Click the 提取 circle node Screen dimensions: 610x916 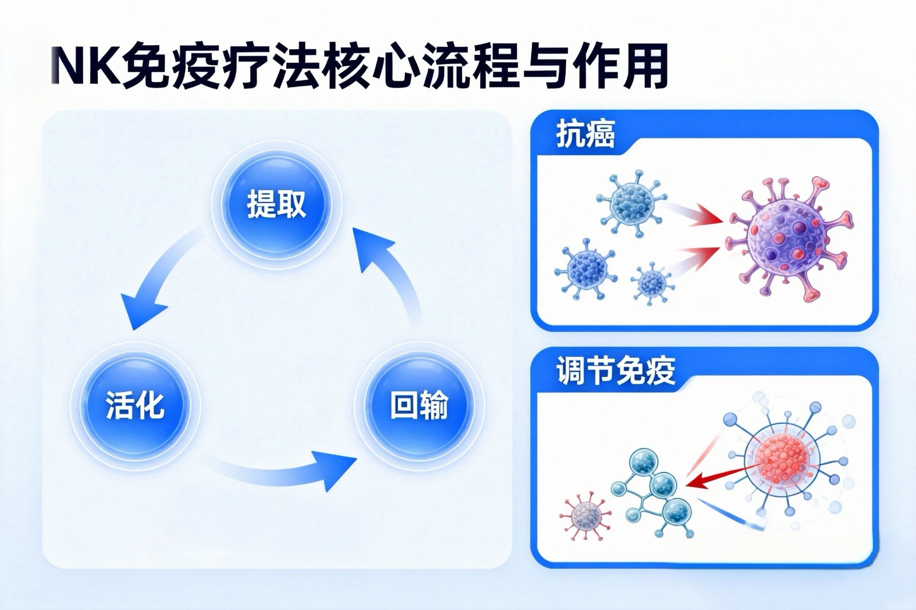click(277, 204)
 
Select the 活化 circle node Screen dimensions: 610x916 click(135, 406)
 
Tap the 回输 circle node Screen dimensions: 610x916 click(419, 406)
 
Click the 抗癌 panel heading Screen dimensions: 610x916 click(585, 136)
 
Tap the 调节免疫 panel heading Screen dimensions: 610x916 click(616, 371)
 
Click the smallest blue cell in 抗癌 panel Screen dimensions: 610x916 click(652, 280)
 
